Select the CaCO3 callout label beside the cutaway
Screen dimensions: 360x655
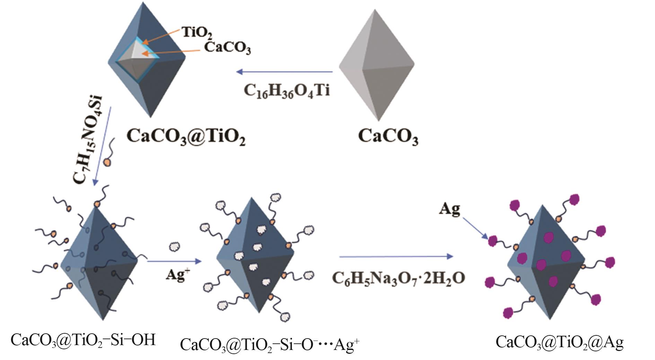point(227,47)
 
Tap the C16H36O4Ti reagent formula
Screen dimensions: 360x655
point(287,91)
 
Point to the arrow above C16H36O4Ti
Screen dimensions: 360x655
point(284,72)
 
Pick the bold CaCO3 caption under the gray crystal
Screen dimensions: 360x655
point(388,136)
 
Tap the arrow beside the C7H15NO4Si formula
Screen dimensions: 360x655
point(103,146)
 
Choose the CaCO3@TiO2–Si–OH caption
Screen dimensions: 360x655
point(83,340)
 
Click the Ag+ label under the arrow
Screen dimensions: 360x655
point(178,275)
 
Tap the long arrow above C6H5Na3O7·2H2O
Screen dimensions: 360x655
point(396,257)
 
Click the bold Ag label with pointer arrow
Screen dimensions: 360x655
point(449,209)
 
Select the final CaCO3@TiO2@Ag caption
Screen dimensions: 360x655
point(559,342)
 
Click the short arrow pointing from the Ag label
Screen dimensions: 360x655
point(475,228)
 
